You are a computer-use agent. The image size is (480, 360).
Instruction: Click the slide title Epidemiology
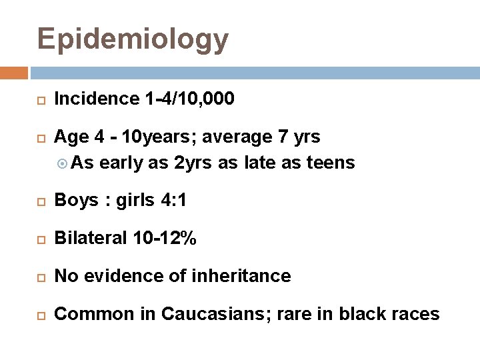point(133,39)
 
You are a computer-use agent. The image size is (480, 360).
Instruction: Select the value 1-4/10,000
point(189,100)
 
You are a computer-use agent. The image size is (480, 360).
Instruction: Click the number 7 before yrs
point(283,137)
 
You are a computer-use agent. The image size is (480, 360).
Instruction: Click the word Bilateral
point(87,238)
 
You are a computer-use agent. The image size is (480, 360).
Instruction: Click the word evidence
point(136,275)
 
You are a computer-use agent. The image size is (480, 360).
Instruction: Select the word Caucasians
point(209,313)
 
